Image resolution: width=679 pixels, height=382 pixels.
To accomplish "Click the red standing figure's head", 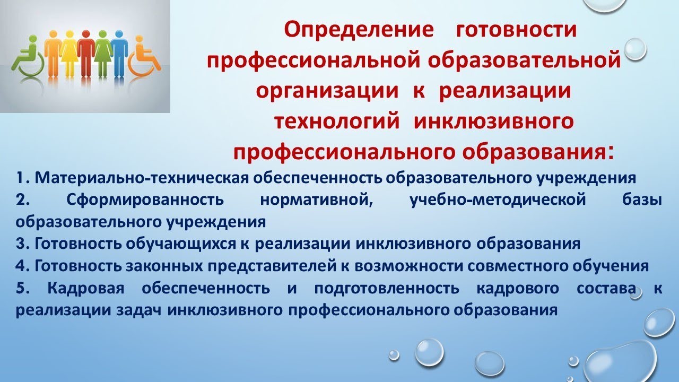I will pyautogui.click(x=85, y=34).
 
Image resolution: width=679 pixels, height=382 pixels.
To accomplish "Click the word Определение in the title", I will pyautogui.click(x=359, y=30).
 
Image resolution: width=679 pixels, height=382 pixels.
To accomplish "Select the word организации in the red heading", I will pyautogui.click(x=327, y=91).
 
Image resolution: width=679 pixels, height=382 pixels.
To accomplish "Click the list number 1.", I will pyautogui.click(x=20, y=178).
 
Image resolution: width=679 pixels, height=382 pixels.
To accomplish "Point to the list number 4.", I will pyautogui.click(x=21, y=265).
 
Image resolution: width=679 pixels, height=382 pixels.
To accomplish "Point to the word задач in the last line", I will pyautogui.click(x=139, y=310).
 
